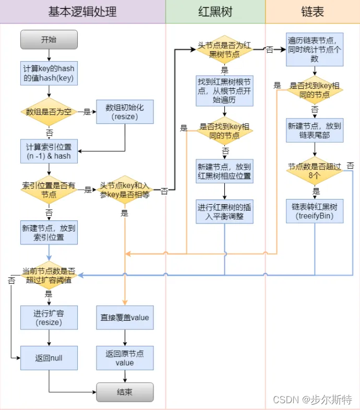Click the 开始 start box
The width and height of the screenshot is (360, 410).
(x=49, y=40)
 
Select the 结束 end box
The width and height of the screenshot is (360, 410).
(x=125, y=392)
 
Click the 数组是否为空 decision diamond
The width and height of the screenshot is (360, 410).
(x=49, y=112)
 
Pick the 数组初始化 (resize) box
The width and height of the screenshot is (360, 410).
(x=125, y=112)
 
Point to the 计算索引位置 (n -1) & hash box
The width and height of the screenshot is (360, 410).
(x=49, y=150)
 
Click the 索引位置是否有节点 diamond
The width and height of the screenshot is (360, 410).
(x=49, y=190)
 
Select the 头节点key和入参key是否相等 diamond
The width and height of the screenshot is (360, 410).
(x=125, y=190)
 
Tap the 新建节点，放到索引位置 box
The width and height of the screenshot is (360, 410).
(x=49, y=232)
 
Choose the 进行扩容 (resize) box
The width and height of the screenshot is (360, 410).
(x=49, y=318)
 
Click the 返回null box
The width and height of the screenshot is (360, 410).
(x=49, y=358)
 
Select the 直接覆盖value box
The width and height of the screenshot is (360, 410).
(x=125, y=318)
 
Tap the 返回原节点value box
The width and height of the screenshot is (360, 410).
(x=125, y=358)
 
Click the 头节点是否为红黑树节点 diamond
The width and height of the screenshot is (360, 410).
(x=224, y=50)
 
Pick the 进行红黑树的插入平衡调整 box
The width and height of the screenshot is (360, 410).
(x=224, y=212)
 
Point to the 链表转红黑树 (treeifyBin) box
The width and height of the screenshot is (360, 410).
(x=315, y=210)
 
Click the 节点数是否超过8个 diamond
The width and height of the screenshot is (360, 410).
(x=315, y=170)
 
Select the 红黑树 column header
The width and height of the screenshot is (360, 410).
(x=215, y=11)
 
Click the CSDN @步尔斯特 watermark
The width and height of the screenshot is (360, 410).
(x=313, y=400)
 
